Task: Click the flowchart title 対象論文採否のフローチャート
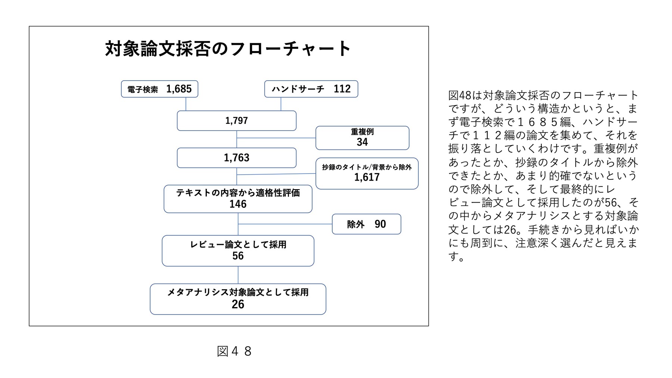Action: pyautogui.click(x=228, y=49)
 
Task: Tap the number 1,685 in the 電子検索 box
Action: pyautogui.click(x=179, y=89)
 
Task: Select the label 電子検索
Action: pyautogui.click(x=143, y=90)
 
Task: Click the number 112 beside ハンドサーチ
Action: pyautogui.click(x=342, y=89)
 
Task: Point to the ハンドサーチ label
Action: pyautogui.click(x=298, y=89)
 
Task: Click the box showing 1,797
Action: pyautogui.click(x=237, y=121)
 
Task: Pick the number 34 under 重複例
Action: pyautogui.click(x=362, y=142)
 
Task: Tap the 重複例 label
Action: pyautogui.click(x=362, y=132)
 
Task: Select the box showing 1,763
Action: pyautogui.click(x=237, y=158)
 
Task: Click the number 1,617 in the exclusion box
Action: pyautogui.click(x=367, y=177)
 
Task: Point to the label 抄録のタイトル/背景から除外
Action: pyautogui.click(x=367, y=167)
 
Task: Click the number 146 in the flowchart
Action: pyautogui.click(x=238, y=204)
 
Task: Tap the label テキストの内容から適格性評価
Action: pyautogui.click(x=238, y=193)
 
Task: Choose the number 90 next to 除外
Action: pyautogui.click(x=380, y=224)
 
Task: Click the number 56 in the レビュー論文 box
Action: pyautogui.click(x=238, y=256)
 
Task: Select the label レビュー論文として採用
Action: pyautogui.click(x=238, y=244)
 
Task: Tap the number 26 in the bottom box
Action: pyautogui.click(x=238, y=304)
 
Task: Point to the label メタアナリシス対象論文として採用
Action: pyautogui.click(x=238, y=292)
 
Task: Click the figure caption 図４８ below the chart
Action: pyautogui.click(x=234, y=351)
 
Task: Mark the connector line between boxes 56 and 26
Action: pyautogui.click(x=238, y=275)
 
